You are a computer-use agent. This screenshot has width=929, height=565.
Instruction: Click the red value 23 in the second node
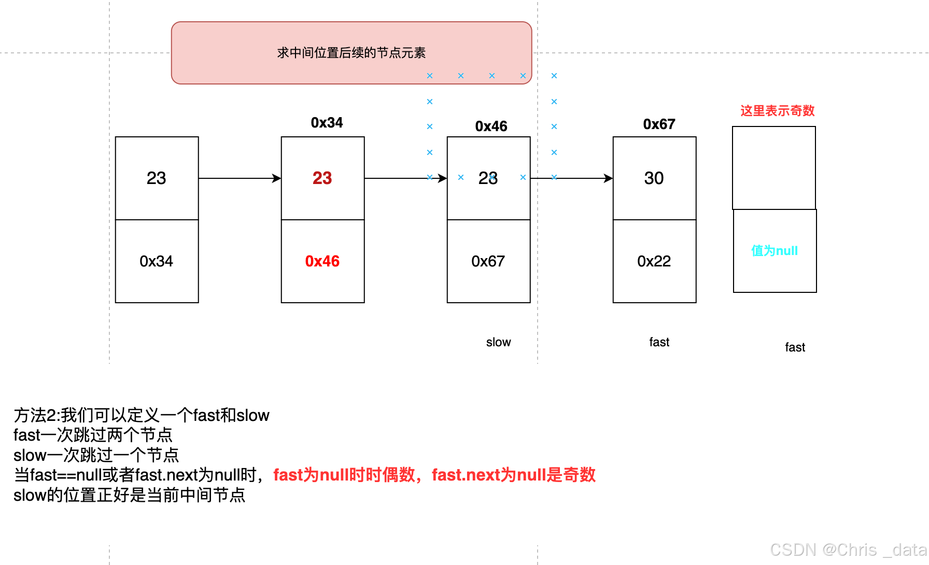[x=322, y=178]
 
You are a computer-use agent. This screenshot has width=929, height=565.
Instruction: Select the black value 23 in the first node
[x=156, y=178]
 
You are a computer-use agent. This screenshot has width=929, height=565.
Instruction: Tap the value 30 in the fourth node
[x=654, y=178]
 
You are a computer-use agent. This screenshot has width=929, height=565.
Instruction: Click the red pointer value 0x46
[x=322, y=261]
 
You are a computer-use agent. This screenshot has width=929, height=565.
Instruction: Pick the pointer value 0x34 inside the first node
[x=156, y=261]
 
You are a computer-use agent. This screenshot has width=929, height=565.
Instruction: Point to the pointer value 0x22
[x=654, y=261]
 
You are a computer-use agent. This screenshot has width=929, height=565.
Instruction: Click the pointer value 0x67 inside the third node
[x=488, y=261]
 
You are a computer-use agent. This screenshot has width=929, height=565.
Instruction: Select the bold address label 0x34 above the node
[x=327, y=123]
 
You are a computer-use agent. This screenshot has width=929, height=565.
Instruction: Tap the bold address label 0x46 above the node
[x=491, y=126]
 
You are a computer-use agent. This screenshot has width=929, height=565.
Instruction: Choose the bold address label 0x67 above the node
[x=659, y=124]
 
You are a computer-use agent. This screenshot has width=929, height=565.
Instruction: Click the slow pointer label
[x=498, y=342]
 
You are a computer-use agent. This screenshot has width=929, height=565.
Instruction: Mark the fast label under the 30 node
[x=659, y=342]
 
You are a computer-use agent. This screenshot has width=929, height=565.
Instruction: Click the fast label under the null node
[x=795, y=347]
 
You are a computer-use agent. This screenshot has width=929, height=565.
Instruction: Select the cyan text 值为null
[x=775, y=251]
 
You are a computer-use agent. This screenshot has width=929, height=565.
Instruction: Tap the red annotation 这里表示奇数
[x=777, y=111]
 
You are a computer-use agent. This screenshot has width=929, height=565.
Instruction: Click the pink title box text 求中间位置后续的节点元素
[x=351, y=53]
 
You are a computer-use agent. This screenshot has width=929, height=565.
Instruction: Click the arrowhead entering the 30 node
[x=608, y=178]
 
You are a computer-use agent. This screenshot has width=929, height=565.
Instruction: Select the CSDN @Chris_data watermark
[x=848, y=549]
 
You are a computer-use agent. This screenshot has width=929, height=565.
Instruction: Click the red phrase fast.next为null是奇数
[x=513, y=475]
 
